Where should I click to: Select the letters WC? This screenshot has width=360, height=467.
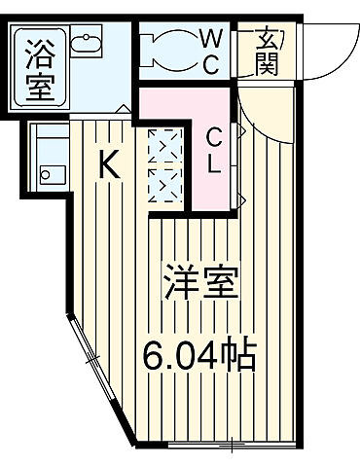coord(211,50)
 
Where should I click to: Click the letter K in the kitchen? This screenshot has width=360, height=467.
coord(110,166)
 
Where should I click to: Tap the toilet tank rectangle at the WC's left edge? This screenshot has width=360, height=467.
coord(146,48)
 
